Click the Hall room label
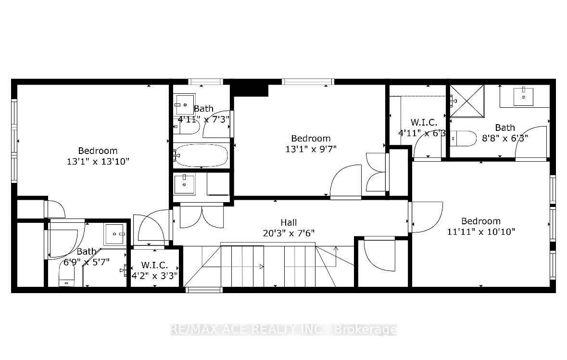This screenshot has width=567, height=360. click(x=289, y=222)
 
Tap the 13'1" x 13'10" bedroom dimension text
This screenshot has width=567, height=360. click(x=98, y=161)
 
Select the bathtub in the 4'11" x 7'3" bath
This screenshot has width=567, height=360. click(x=201, y=155)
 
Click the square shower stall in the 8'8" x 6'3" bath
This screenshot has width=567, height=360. click(x=467, y=101)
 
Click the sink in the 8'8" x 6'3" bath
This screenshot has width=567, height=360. click(x=523, y=96)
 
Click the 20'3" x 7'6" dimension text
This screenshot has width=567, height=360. click(x=289, y=233)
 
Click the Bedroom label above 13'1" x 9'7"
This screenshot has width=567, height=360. click(x=311, y=138)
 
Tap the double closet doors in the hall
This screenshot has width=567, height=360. click(x=202, y=216)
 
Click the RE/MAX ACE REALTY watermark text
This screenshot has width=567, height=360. click(x=284, y=330)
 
